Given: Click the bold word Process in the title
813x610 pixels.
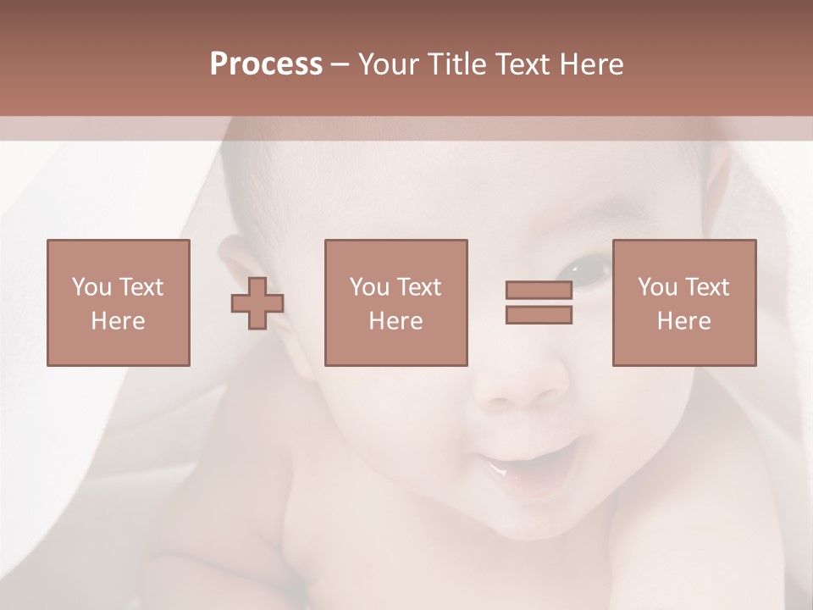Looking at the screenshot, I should click(x=266, y=64).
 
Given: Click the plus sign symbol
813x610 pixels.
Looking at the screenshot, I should click(x=257, y=303).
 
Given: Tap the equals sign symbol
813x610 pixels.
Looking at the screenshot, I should click(x=539, y=302).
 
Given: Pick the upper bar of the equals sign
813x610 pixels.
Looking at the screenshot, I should click(x=539, y=291).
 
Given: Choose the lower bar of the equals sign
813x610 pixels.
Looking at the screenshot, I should click(x=539, y=314).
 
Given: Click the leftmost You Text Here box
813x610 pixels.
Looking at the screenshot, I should click(x=118, y=302).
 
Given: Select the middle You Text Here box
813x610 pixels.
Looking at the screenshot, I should click(x=395, y=302).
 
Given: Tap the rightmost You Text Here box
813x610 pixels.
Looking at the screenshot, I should click(x=683, y=302).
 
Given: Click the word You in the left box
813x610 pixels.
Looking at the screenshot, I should click(x=91, y=287).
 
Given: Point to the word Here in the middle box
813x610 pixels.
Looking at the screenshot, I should click(x=395, y=321).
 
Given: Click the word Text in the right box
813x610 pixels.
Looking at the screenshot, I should click(x=707, y=287).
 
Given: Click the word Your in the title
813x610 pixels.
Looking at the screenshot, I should click(x=387, y=64).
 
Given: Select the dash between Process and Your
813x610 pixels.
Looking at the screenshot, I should click(x=340, y=64).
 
